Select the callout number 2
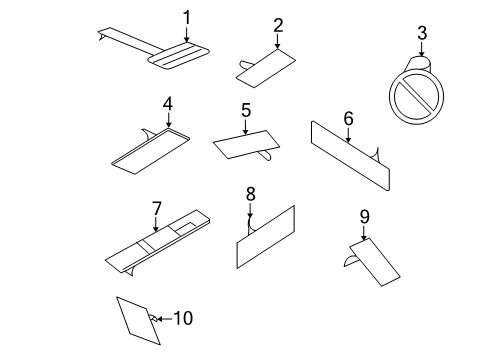point(278,25)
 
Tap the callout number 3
point(421,34)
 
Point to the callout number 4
point(168,103)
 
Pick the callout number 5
point(245,111)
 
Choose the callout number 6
point(348,119)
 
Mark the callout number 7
point(156,208)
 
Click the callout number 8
point(251,192)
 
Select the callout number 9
point(364,215)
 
